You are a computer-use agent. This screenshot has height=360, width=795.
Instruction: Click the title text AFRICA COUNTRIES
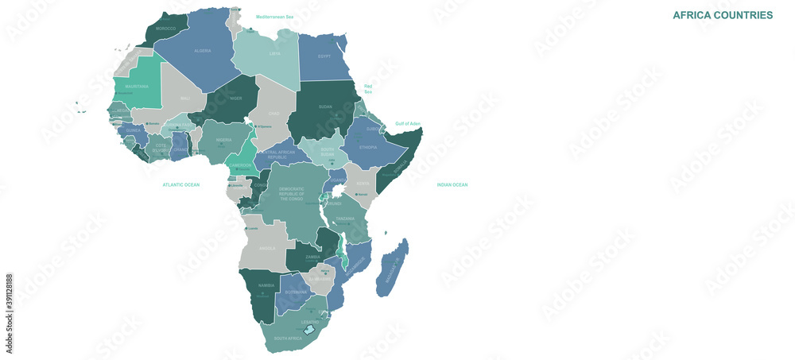(723, 15)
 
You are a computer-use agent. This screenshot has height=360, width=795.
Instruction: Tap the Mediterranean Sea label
(274, 16)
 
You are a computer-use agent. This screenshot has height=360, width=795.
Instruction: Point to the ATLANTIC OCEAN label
(181, 184)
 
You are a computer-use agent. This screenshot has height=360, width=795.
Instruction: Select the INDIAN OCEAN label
(452, 184)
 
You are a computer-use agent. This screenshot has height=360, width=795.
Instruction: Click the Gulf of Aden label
(408, 123)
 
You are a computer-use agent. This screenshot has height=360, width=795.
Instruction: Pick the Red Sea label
(368, 88)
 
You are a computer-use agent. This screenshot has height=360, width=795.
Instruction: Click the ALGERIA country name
(203, 50)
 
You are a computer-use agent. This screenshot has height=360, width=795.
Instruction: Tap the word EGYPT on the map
(324, 56)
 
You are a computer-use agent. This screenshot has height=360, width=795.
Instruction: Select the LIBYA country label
(275, 53)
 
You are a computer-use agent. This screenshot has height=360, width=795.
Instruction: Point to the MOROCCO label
(165, 28)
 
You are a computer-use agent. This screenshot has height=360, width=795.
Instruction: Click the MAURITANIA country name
(137, 86)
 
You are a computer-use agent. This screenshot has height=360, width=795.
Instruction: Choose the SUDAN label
(325, 105)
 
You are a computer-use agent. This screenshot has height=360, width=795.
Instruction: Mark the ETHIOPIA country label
(368, 147)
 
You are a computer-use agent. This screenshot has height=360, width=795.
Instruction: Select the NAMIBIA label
(266, 285)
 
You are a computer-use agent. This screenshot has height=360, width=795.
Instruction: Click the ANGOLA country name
(267, 247)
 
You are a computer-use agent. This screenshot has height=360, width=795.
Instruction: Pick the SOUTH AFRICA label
(288, 339)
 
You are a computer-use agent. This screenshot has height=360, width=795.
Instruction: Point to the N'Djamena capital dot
(256, 126)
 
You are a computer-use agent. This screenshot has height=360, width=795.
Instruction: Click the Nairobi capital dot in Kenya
(355, 194)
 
